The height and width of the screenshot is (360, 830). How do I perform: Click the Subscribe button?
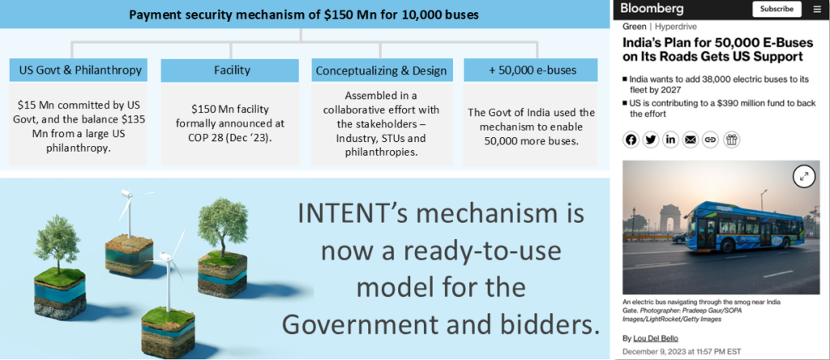point(777,9)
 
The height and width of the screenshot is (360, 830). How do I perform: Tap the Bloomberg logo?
point(652,9)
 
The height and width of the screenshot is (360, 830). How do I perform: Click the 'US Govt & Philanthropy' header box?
point(79,71)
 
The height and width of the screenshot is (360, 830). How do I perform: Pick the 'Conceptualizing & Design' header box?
point(381,71)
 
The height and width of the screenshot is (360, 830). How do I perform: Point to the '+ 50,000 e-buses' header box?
point(531,71)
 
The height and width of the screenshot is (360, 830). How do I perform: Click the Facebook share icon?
point(631,139)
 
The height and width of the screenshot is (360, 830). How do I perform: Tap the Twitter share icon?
point(651,139)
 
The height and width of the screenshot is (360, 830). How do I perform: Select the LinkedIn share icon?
point(670,139)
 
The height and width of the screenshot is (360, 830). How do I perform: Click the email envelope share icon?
point(691,139)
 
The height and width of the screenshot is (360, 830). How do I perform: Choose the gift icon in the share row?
point(732,139)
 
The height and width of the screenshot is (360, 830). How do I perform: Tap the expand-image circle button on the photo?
point(804,177)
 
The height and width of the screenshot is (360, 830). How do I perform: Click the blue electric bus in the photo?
point(744,226)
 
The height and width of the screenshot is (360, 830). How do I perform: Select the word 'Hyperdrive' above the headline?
point(675,27)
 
